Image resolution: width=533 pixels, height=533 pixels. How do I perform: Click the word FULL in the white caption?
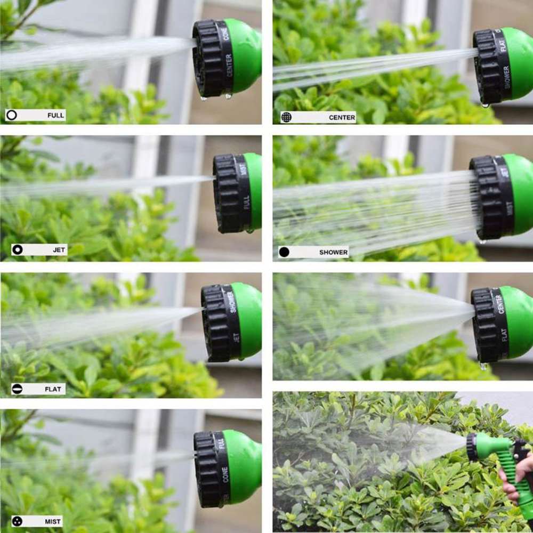tap(55, 115)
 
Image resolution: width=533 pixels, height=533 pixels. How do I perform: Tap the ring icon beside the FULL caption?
tap(12, 115)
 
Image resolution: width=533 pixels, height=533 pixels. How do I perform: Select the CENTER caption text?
tap(342, 118)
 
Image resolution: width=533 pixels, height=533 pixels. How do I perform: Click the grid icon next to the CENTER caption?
tap(287, 117)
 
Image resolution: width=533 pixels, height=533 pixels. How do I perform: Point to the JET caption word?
tap(59, 249)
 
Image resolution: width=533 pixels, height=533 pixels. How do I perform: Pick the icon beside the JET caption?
tap(18, 249)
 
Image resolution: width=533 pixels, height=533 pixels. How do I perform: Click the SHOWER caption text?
tap(333, 252)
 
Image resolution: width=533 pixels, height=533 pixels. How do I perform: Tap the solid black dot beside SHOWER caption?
tap(284, 252)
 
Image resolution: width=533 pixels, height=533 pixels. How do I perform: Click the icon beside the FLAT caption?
tap(17, 389)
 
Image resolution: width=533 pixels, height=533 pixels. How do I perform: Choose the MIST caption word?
tap(53, 521)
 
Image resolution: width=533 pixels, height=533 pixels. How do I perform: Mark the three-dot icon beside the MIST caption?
tap(17, 521)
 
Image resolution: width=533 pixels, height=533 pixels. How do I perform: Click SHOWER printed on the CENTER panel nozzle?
tap(506, 77)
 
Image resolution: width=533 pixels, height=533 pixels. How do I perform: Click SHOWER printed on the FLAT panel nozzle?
tap(233, 302)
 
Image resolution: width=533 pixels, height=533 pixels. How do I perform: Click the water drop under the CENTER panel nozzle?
tap(485, 105)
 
